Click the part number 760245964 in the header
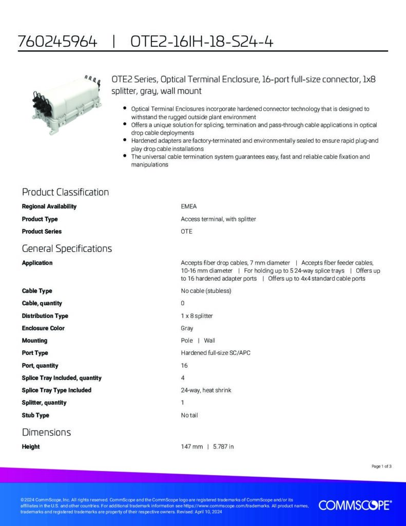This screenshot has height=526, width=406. [57, 42]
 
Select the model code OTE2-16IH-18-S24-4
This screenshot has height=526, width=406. [202, 42]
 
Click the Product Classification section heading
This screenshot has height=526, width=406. [65, 192]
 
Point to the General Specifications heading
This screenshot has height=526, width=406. [67, 249]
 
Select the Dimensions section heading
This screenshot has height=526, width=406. [46, 432]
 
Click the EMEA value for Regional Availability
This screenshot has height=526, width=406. [189, 206]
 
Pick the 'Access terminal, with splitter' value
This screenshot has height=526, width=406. [218, 219]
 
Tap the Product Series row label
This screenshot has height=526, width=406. [42, 232]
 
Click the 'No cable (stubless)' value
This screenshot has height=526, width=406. [206, 291]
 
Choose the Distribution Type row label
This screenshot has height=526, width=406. [45, 316]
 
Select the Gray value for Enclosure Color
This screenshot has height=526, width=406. [187, 328]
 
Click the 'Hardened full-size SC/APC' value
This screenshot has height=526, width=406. [216, 353]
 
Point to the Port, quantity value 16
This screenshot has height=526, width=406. [184, 366]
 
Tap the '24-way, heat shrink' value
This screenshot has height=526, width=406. [206, 390]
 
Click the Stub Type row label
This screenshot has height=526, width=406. [35, 415]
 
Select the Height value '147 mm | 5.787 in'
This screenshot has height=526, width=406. [207, 447]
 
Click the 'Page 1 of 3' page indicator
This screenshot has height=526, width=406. [381, 466]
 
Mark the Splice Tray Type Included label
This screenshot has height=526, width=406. [56, 390]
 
